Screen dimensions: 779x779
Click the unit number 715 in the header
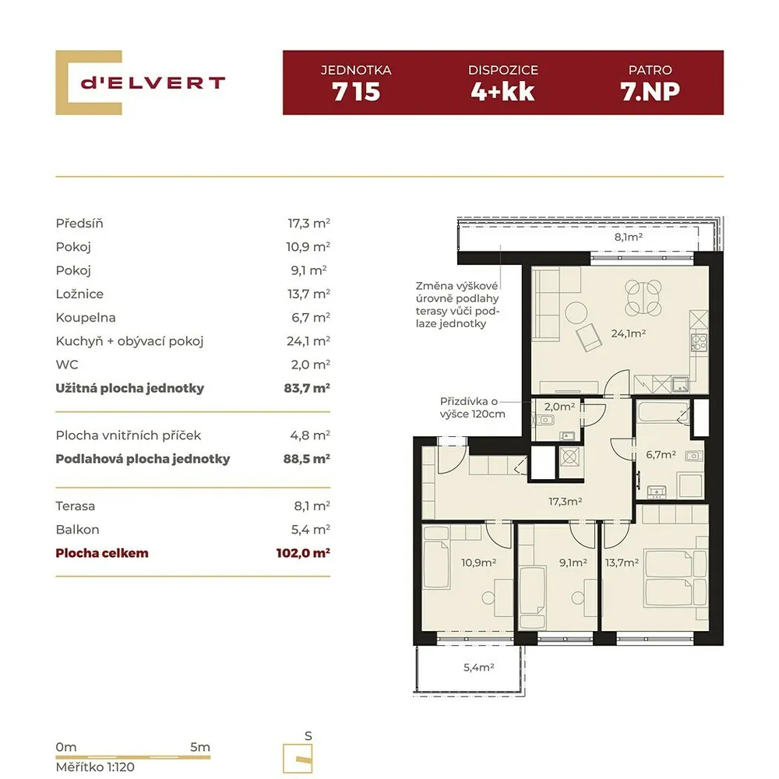point(356,92)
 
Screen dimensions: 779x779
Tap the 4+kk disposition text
point(502,92)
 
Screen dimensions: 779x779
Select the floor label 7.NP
point(650,92)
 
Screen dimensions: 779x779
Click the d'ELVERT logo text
point(153,83)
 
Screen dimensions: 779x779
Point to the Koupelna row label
point(86,318)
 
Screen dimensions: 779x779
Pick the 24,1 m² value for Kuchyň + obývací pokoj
point(308,341)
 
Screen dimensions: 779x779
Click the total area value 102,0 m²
point(303,553)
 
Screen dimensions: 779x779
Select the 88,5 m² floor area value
point(306,459)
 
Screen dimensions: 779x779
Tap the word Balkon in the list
point(77,530)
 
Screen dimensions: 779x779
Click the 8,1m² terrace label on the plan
point(629,237)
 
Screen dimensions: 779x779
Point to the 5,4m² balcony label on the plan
point(478,668)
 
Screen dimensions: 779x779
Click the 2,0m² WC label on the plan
point(559,407)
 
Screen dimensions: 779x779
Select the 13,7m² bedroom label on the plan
point(622,562)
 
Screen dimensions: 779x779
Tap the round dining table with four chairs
point(643,298)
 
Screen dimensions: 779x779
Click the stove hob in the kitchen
point(699,342)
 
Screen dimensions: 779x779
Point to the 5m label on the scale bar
point(199,747)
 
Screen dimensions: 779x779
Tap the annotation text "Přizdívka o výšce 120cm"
point(472,407)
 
